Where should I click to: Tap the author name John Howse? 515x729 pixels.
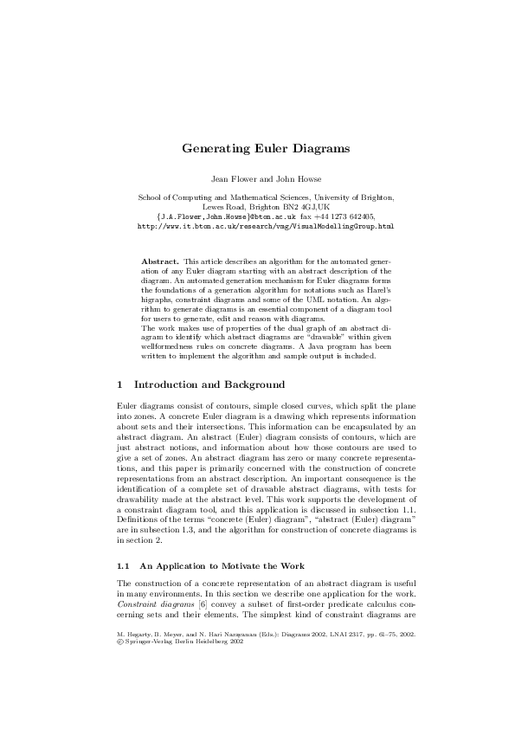point(298,179)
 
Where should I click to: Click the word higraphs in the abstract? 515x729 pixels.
point(158,300)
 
